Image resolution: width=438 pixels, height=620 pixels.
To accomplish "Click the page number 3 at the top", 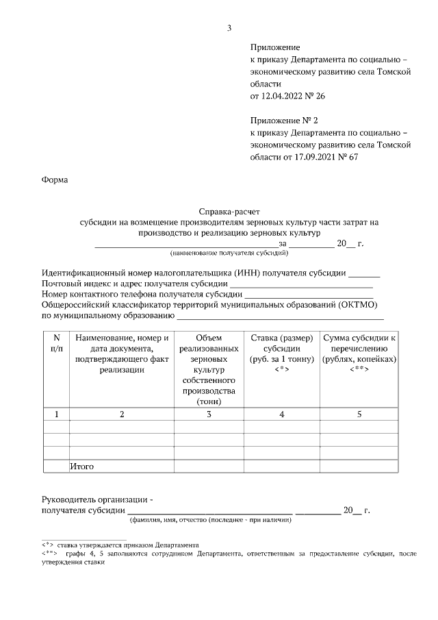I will tap(229, 28).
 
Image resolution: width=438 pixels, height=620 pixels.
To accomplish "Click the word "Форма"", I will tap(55, 181).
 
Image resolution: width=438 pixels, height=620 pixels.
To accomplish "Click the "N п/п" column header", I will tap(56, 343).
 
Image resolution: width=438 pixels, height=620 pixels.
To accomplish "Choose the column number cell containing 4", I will tap(281, 414).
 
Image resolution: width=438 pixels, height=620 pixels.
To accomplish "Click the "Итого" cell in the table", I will tap(81, 467).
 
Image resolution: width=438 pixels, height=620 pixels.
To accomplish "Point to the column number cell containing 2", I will tap(122, 414).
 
